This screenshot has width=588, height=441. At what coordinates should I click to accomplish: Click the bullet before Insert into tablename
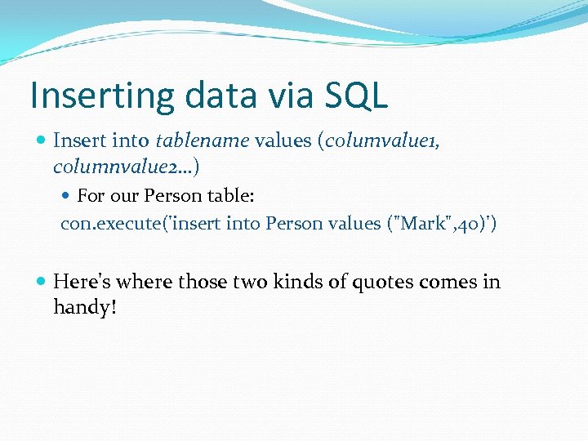click(x=41, y=140)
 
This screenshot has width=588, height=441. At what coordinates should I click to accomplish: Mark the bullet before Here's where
click(x=41, y=282)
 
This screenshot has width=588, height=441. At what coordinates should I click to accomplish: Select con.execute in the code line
click(x=102, y=224)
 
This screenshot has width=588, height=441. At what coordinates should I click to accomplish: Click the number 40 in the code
click(x=468, y=224)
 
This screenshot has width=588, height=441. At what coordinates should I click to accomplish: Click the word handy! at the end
click(x=86, y=308)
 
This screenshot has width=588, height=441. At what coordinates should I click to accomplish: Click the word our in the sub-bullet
click(x=122, y=196)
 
